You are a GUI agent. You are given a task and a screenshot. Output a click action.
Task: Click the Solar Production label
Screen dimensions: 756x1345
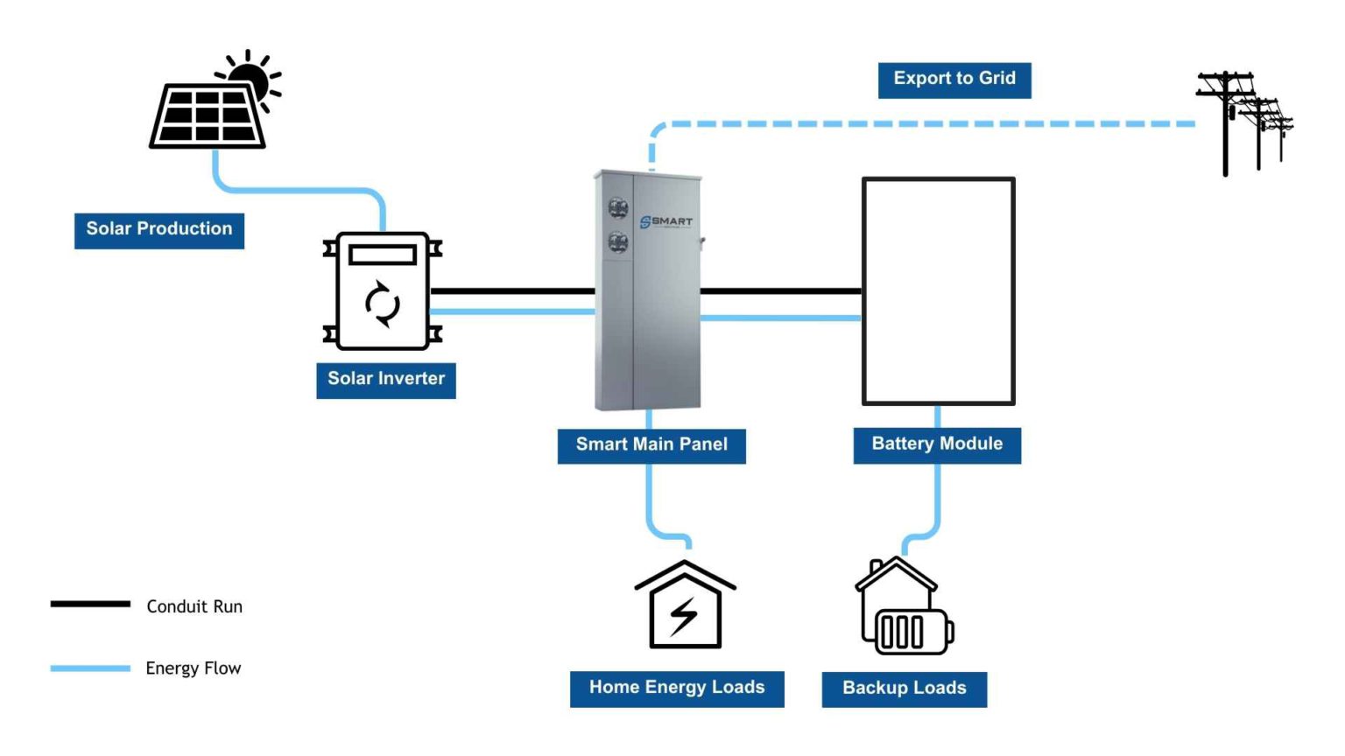click(159, 230)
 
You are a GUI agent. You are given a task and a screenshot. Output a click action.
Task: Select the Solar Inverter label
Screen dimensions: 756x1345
click(386, 380)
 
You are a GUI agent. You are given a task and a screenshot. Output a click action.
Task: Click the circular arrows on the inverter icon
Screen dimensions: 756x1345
click(383, 304)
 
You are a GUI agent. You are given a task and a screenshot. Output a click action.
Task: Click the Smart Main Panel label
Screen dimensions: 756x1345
click(651, 444)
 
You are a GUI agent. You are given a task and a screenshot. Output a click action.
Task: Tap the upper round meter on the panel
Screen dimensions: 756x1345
click(618, 208)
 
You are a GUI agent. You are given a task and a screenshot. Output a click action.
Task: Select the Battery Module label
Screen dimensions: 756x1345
click(937, 444)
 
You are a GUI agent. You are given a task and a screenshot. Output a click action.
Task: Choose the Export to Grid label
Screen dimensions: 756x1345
click(954, 80)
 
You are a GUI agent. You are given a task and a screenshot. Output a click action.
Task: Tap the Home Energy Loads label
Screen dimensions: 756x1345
click(677, 689)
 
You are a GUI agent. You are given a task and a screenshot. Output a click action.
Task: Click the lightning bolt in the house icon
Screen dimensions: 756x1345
click(684, 616)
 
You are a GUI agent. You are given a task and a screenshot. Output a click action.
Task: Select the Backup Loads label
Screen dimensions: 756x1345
click(905, 689)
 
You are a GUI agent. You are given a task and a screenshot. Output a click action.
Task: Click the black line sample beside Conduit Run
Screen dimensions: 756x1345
click(90, 604)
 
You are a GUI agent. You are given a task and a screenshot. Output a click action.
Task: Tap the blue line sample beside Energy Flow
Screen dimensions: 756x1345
click(90, 668)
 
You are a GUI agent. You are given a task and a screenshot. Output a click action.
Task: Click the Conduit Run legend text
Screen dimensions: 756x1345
click(194, 606)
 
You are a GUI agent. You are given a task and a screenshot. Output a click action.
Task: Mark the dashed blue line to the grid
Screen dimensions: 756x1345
click(919, 124)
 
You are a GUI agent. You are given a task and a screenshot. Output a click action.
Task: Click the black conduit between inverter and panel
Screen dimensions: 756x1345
click(512, 291)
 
